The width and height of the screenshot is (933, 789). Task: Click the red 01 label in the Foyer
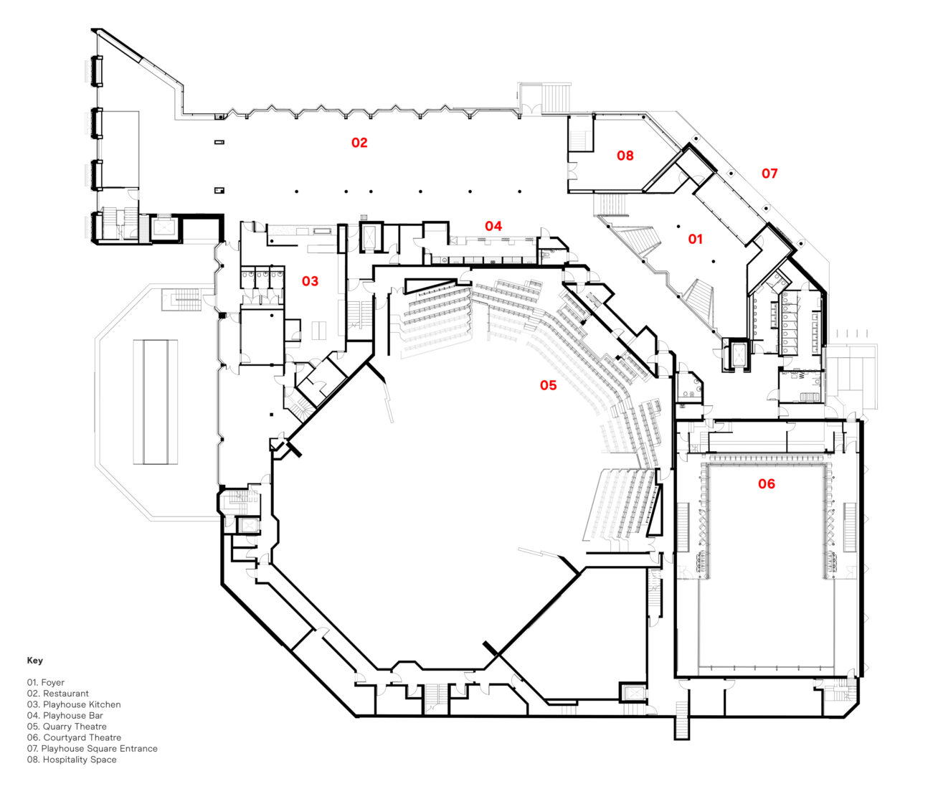pyautogui.click(x=696, y=239)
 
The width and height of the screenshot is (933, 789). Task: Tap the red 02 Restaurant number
pyautogui.click(x=359, y=143)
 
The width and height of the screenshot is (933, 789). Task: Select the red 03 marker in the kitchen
pyautogui.click(x=310, y=281)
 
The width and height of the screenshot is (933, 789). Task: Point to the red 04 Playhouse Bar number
pyautogui.click(x=493, y=226)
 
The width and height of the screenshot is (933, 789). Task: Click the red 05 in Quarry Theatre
pyautogui.click(x=548, y=386)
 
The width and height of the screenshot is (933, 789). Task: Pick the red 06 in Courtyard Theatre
pyautogui.click(x=767, y=484)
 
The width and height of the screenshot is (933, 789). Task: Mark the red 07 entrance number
pyautogui.click(x=769, y=173)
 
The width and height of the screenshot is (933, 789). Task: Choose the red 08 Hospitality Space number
pyautogui.click(x=625, y=155)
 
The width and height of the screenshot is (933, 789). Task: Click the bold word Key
pyautogui.click(x=35, y=661)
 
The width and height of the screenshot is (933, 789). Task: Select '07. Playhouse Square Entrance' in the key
pyautogui.click(x=92, y=748)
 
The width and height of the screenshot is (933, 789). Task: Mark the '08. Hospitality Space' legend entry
pyautogui.click(x=72, y=760)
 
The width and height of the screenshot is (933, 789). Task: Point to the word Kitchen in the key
pyautogui.click(x=104, y=704)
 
